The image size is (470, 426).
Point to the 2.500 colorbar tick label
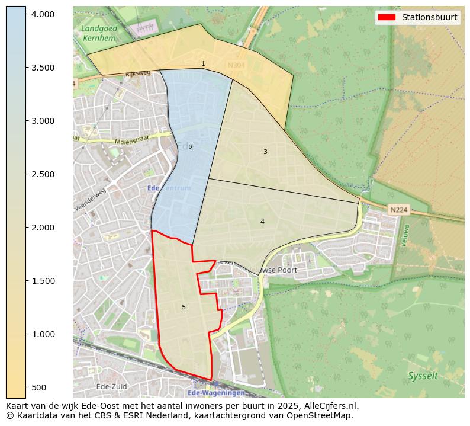[43, 174]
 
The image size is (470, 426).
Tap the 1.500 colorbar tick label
[43, 281]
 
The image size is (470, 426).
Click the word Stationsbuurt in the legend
[429, 17]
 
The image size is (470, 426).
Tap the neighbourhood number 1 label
[203, 63]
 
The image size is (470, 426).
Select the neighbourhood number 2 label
[191, 147]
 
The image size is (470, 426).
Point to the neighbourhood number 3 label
[265, 152]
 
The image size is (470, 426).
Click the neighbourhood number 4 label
[262, 222]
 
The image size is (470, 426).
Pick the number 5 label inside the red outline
[184, 307]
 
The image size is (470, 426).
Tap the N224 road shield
[398, 210]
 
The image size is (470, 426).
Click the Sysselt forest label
[423, 376]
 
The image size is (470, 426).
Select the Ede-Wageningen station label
[215, 393]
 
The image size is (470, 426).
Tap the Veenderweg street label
[91, 199]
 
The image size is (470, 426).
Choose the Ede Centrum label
[169, 188]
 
